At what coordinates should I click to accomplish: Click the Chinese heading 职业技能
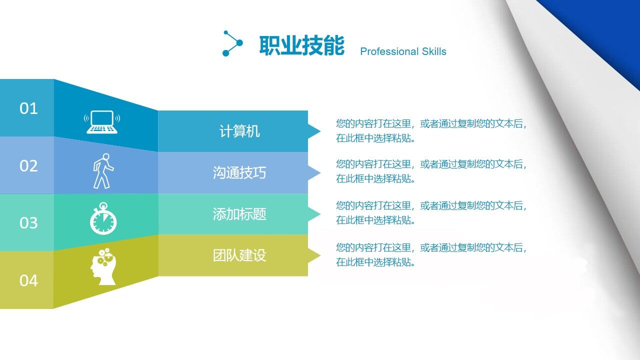pos(301,46)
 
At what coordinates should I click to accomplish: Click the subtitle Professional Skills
pos(403,51)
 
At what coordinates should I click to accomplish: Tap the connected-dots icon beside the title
pos(232,43)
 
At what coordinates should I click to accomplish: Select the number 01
pos(28,108)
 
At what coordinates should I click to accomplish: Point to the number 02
pos(28,166)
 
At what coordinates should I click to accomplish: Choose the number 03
pos(28,223)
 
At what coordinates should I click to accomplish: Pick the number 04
pos(28,280)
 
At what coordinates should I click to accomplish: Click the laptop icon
pos(102,122)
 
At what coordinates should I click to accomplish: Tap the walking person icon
pos(103,171)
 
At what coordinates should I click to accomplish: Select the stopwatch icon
pos(103,218)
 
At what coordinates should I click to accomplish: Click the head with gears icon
pos(102,266)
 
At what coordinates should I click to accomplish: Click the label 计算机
pos(239,131)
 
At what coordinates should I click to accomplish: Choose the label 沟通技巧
pos(239,173)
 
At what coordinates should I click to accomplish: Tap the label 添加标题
pos(239,214)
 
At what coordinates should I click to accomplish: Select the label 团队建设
pos(239,255)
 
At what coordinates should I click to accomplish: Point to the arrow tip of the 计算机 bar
pos(315,131)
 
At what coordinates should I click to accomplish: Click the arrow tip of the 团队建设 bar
pos(315,256)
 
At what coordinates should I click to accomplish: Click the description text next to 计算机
pos(431,131)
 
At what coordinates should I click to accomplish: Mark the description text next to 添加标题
pos(431,213)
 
